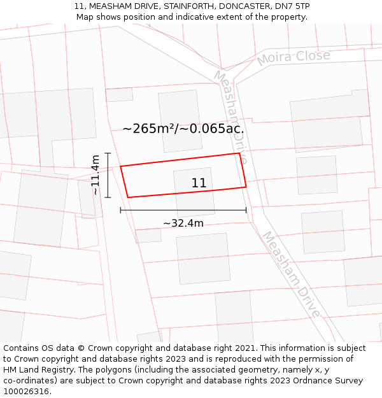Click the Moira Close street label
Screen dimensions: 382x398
293,57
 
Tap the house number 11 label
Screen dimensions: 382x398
199,183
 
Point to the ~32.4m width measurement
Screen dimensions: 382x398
183,223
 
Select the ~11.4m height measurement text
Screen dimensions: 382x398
95,174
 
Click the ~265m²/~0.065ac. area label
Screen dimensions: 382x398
183,129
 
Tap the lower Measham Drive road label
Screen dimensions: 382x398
291,274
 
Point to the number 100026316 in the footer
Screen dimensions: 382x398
25,391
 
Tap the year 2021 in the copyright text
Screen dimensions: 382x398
244,348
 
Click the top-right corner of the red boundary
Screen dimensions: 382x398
239,153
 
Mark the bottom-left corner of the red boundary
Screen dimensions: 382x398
128,197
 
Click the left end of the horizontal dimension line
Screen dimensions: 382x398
120,210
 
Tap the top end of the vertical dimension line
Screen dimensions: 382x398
108,153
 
